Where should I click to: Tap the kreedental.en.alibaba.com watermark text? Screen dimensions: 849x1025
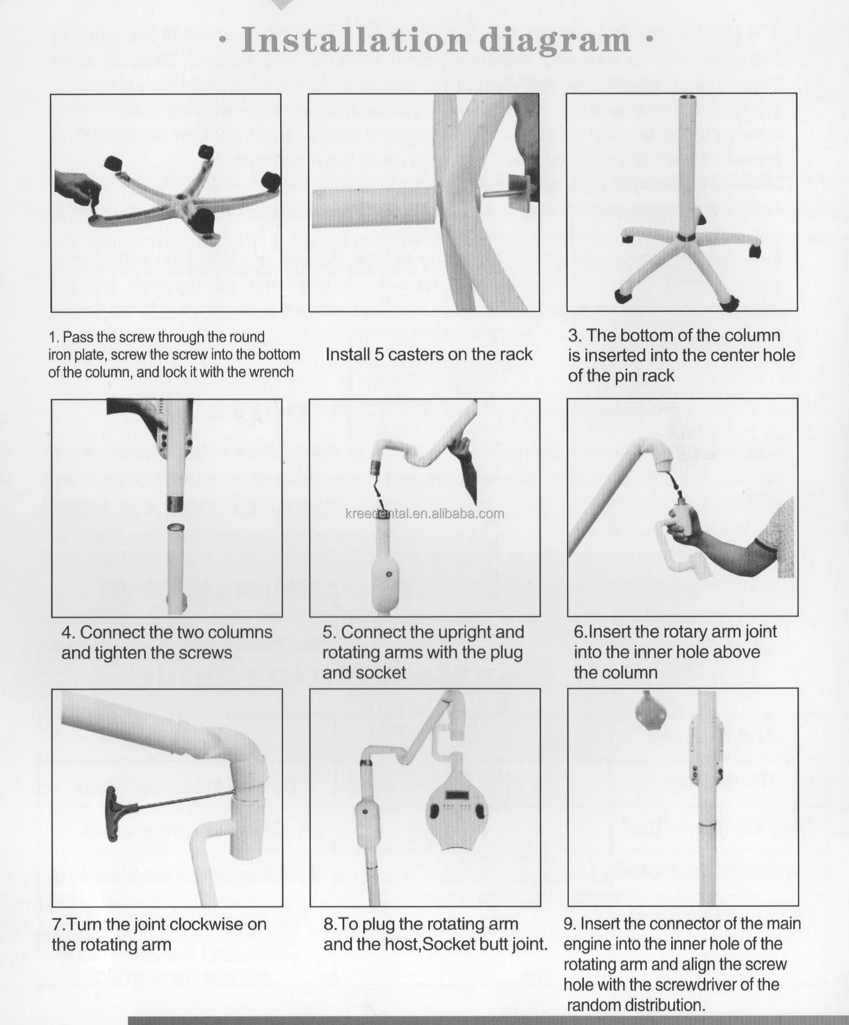(425, 513)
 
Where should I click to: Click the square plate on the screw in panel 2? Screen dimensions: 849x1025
(518, 194)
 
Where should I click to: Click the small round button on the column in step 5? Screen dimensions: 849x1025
(388, 574)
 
